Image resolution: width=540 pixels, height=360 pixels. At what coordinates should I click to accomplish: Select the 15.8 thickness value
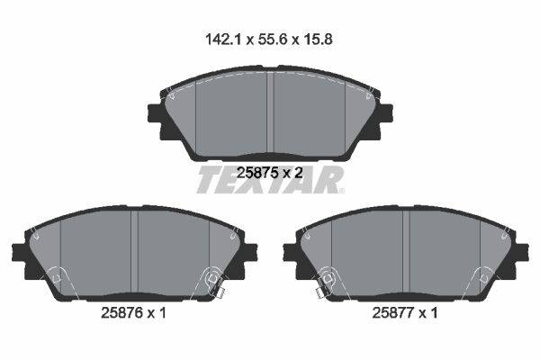click(318, 40)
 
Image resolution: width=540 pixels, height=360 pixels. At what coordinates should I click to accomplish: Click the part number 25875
click(257, 172)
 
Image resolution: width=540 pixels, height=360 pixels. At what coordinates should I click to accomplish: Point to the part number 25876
click(121, 313)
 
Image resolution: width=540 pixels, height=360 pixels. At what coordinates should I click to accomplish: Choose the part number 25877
click(393, 313)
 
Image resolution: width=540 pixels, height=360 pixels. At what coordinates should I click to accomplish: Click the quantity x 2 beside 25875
click(293, 172)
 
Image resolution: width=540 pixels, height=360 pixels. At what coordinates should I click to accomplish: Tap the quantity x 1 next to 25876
click(157, 313)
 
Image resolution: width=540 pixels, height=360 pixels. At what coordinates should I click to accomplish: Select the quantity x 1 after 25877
click(428, 313)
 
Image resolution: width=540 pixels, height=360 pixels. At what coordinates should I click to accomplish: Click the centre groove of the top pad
click(270, 112)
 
